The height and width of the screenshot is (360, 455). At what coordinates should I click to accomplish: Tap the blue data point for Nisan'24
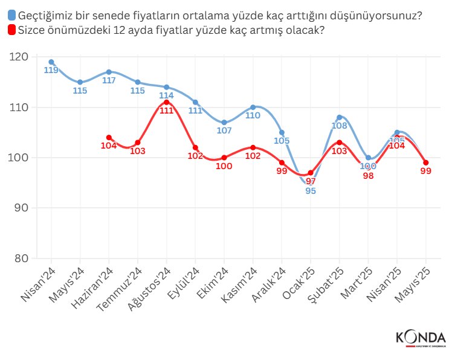[x=51, y=62]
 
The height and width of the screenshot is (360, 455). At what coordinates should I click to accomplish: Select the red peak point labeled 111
[x=167, y=102]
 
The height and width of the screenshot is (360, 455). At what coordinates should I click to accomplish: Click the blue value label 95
[x=311, y=191]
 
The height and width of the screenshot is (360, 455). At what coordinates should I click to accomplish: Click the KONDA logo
[x=421, y=338]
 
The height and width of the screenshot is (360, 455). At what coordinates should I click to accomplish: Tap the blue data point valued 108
[x=340, y=117]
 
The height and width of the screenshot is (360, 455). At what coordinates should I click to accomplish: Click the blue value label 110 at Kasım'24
[x=253, y=115]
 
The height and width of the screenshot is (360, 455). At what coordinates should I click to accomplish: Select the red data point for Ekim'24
[x=224, y=158]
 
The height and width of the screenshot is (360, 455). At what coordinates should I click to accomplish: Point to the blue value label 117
[x=109, y=80]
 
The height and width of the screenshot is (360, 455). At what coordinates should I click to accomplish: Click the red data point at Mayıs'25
[x=426, y=162]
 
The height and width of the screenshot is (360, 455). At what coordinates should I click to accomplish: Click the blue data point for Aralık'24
[x=282, y=132]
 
